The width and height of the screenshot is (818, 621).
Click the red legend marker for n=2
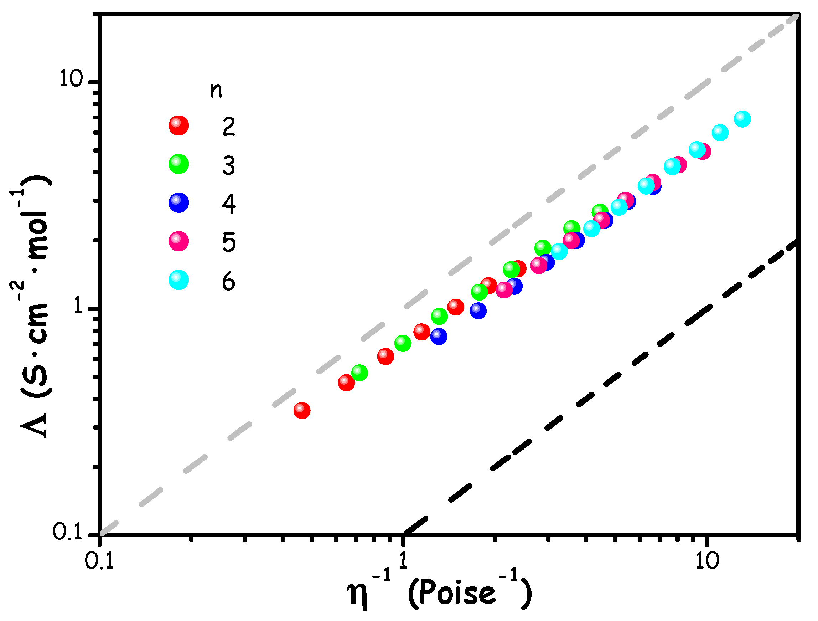178,125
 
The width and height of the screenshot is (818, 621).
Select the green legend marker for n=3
178,164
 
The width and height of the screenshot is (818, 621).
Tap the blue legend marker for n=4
178,202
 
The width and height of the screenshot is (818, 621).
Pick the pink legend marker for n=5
178,241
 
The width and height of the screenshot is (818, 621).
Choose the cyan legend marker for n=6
178,280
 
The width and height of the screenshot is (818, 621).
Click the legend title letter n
216,90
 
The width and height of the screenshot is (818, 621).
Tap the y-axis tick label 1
78,306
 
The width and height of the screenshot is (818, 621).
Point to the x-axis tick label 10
707,561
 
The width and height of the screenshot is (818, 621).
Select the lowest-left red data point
302,410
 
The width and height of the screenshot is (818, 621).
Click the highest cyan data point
742,119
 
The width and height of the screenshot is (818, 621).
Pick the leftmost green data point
359,372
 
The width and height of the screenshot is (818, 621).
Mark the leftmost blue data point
439,336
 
